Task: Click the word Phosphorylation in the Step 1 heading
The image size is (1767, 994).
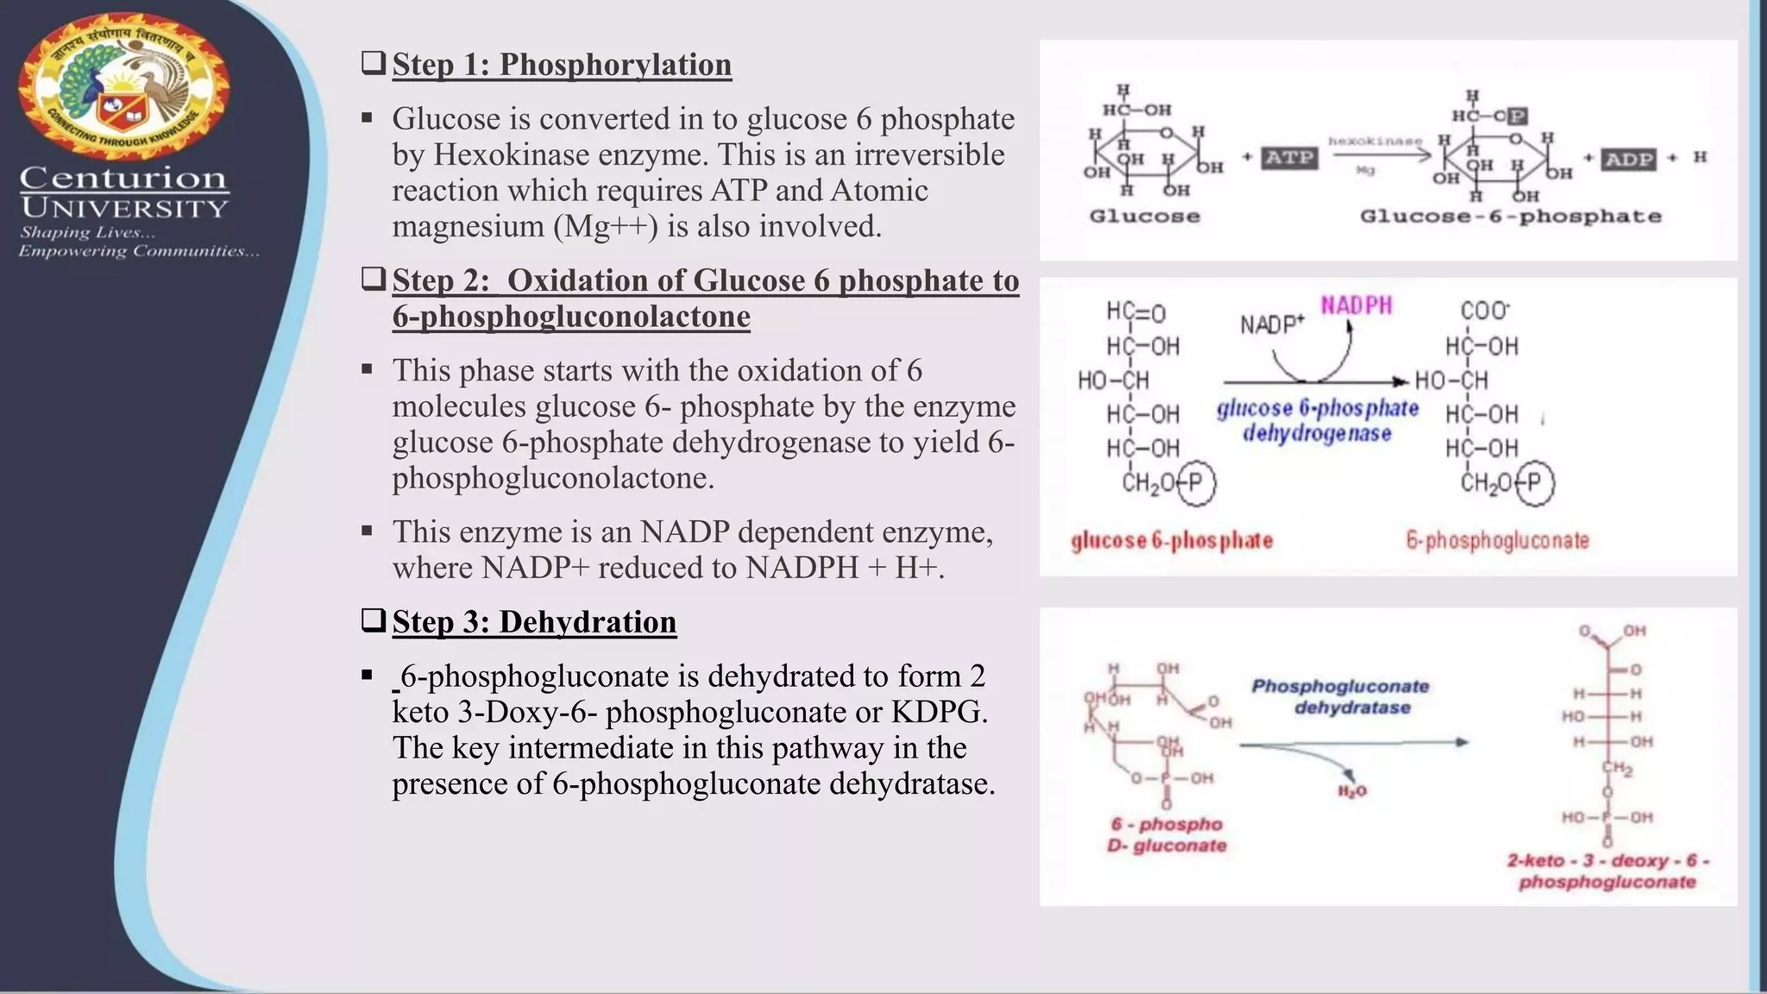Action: coord(615,65)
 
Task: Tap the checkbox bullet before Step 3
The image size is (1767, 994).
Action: coord(373,621)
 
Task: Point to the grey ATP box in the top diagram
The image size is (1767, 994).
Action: coord(1289,158)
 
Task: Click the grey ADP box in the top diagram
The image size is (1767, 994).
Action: coord(1629,160)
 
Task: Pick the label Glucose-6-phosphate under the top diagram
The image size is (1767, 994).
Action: coord(1510,217)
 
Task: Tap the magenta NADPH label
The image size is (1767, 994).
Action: coord(1356,305)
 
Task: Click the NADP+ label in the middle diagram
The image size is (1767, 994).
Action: coord(1272,324)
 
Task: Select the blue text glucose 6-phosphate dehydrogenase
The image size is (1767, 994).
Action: coord(1317,420)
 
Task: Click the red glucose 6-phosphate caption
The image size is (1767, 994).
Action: coord(1172,541)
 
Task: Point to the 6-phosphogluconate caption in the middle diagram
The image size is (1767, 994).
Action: coord(1497,541)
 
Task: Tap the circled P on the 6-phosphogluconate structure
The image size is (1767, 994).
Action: coord(1534,482)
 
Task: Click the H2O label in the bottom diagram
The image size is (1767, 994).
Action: coord(1352,791)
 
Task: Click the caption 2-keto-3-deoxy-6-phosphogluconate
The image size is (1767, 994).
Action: coord(1607,871)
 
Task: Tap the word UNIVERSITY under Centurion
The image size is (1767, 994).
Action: coord(125,208)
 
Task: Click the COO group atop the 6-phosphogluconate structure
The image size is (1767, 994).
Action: coord(1484,311)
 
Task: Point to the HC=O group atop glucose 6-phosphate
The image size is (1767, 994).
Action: coord(1135,312)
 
